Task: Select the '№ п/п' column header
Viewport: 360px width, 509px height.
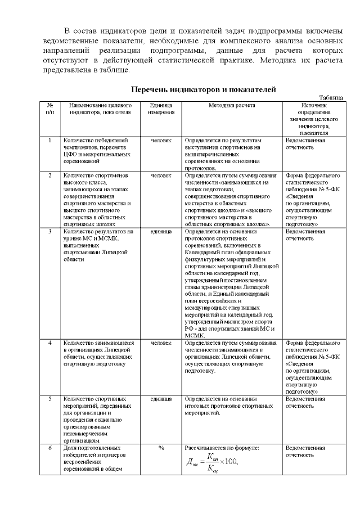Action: pyautogui.click(x=50, y=108)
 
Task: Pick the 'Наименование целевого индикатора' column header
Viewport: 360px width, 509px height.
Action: pyautogui.click(x=100, y=108)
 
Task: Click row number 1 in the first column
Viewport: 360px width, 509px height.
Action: pyautogui.click(x=50, y=140)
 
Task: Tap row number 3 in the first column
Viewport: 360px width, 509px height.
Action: pyautogui.click(x=50, y=231)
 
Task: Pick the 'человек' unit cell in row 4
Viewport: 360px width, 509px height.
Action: pyautogui.click(x=161, y=342)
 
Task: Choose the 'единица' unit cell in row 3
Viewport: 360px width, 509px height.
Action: pyautogui.click(x=161, y=231)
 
